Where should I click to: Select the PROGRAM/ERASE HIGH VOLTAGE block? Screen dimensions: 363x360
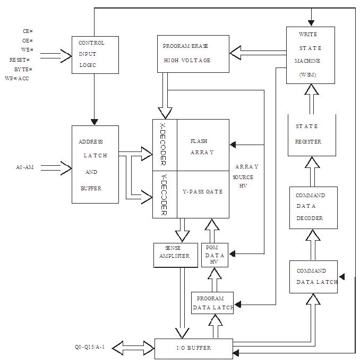(193, 54)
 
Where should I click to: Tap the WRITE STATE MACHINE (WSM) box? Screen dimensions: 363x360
(310, 55)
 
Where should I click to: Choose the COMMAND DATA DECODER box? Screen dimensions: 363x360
(313, 207)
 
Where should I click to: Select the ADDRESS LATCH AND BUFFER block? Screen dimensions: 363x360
(95, 164)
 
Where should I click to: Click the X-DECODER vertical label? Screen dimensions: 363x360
(164, 144)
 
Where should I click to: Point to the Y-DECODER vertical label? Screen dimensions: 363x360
(164, 193)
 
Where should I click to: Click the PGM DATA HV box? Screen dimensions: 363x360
(215, 255)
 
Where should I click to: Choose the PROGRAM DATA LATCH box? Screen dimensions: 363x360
(212, 302)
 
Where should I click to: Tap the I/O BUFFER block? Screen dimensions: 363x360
(193, 348)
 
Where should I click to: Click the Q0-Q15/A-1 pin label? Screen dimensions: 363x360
(90, 348)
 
